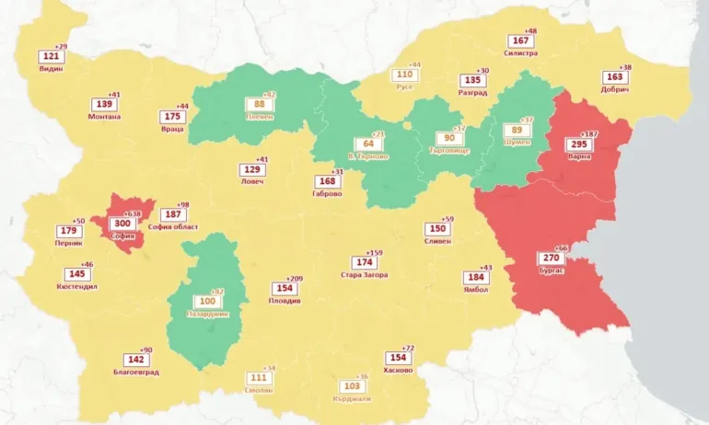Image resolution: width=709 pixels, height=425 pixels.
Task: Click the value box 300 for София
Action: pyautogui.click(x=122, y=224)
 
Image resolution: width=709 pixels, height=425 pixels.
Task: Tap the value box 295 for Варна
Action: pyautogui.click(x=579, y=144)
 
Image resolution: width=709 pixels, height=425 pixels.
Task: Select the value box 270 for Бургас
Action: pyautogui.click(x=551, y=258)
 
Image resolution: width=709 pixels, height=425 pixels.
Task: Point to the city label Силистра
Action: pyautogui.click(x=520, y=53)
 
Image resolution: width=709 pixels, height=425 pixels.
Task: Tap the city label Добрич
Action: pyautogui.click(x=615, y=89)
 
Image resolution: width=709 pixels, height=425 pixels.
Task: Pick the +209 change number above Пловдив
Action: pyautogui.click(x=295, y=279)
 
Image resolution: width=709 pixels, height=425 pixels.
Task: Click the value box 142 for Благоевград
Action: pyautogui.click(x=135, y=360)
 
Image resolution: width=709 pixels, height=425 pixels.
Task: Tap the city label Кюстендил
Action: pyautogui.click(x=77, y=287)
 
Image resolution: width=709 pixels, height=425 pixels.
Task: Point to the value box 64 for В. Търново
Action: pyautogui.click(x=368, y=144)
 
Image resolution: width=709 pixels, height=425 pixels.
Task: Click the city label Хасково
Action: pyautogui.click(x=398, y=371)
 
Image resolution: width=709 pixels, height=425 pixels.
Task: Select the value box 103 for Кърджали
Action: pyautogui.click(x=350, y=386)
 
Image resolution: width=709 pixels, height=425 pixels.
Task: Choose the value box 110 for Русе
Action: pyautogui.click(x=404, y=75)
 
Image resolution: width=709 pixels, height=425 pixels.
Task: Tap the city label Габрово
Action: pyautogui.click(x=327, y=194)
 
